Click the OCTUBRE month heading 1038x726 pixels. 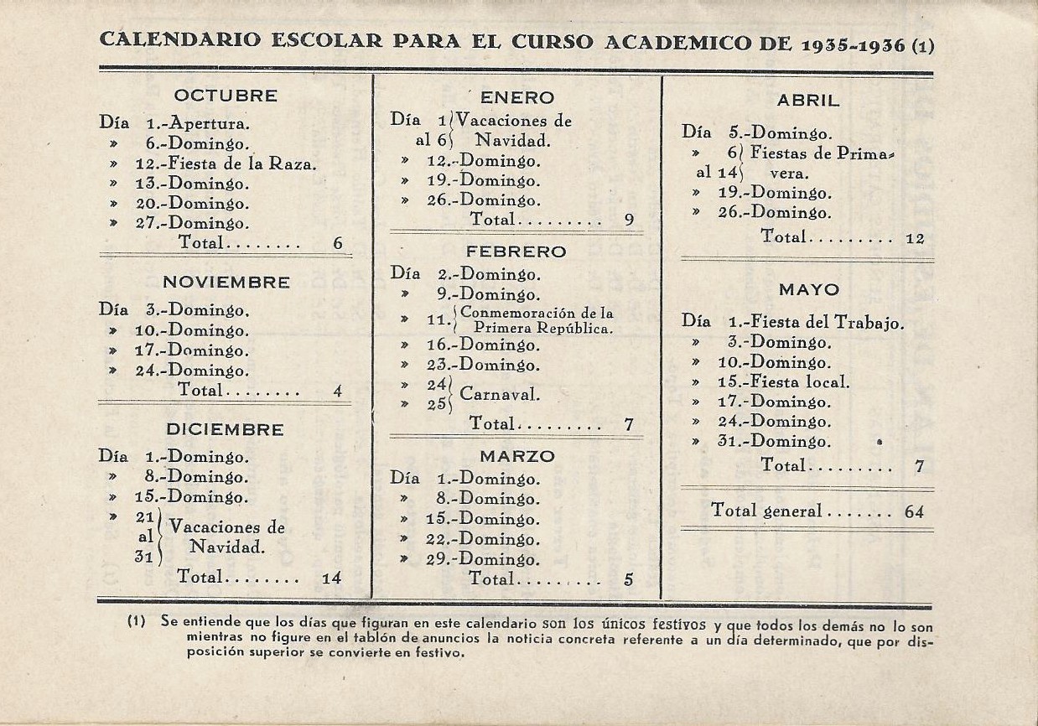pyautogui.click(x=226, y=95)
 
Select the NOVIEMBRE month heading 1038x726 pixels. pyautogui.click(x=226, y=282)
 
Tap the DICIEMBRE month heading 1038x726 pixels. pyautogui.click(x=225, y=429)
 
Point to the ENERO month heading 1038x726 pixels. pyautogui.click(x=517, y=97)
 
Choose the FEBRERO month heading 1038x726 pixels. pyautogui.click(x=516, y=252)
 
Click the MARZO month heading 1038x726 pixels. pyautogui.click(x=517, y=456)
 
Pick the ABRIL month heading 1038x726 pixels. pyautogui.click(x=808, y=100)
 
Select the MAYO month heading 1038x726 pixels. pyautogui.click(x=808, y=289)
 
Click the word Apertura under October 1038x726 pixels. pyautogui.click(x=210, y=123)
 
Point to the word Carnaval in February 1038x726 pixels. pyautogui.click(x=500, y=395)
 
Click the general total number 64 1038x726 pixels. pyautogui.click(x=914, y=511)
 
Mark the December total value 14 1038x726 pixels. pyautogui.click(x=332, y=578)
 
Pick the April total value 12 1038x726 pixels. pyautogui.click(x=915, y=238)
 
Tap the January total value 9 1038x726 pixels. pyautogui.click(x=629, y=220)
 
